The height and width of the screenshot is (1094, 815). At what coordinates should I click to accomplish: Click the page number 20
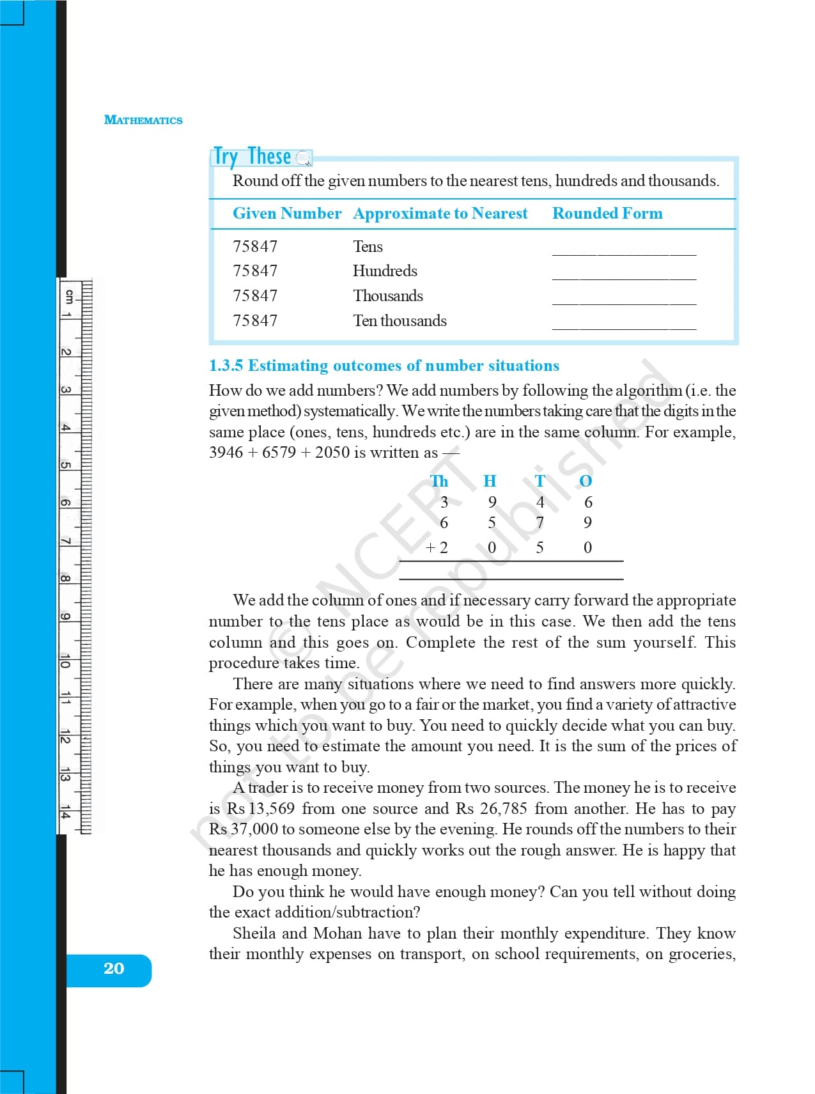point(114,969)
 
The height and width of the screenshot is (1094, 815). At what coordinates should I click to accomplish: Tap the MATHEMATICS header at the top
point(143,120)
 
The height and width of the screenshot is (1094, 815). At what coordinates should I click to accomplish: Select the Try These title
point(252,157)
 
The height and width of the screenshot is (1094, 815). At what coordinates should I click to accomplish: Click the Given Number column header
point(287,214)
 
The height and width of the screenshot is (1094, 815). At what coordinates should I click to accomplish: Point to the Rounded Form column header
point(607,214)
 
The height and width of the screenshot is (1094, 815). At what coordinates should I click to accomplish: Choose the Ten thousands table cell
point(400,321)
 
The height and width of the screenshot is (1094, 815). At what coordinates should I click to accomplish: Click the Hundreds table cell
point(385,271)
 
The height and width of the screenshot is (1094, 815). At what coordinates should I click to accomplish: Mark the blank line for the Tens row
point(624,253)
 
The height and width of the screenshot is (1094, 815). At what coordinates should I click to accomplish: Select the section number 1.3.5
point(226,366)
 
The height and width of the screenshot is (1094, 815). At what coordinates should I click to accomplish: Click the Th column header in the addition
point(439,481)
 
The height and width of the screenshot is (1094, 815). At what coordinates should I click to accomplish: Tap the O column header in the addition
point(586,481)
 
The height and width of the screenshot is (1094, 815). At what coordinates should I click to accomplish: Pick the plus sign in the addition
point(430,547)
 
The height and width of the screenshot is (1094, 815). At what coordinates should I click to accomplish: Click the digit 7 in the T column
point(540,523)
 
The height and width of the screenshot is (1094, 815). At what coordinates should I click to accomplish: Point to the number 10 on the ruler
point(65,662)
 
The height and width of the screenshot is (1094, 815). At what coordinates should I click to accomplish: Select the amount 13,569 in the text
point(271,809)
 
